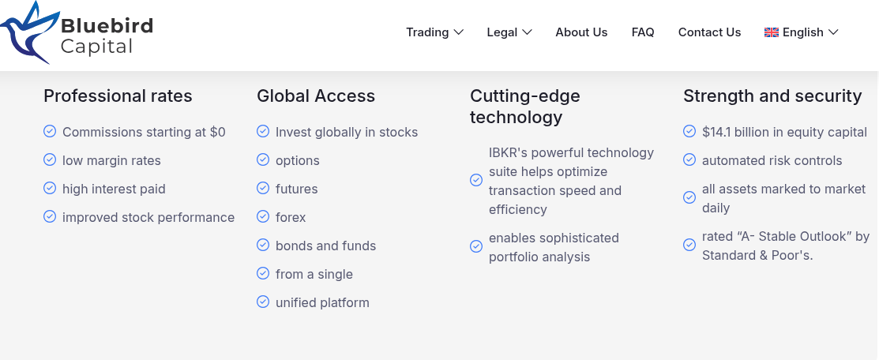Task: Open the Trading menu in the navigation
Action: pyautogui.click(x=434, y=32)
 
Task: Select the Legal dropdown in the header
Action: pyautogui.click(x=509, y=32)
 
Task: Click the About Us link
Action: pyautogui.click(x=581, y=32)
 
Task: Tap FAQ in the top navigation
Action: pyautogui.click(x=642, y=32)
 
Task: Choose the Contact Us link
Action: pyautogui.click(x=709, y=32)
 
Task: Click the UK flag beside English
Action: pyautogui.click(x=772, y=32)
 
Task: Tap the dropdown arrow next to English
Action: pyautogui.click(x=833, y=32)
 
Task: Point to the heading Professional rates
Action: pyautogui.click(x=118, y=96)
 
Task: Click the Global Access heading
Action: pyautogui.click(x=316, y=96)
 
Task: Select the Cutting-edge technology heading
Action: pyautogui.click(x=524, y=106)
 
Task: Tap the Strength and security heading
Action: pyautogui.click(x=772, y=96)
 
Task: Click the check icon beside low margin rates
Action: pyautogui.click(x=50, y=159)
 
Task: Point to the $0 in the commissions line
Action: pyautogui.click(x=217, y=133)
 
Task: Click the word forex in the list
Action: pyautogui.click(x=291, y=217)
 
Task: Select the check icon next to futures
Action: pyautogui.click(x=263, y=188)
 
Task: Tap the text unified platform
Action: pyautogui.click(x=322, y=303)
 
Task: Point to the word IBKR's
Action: pyautogui.click(x=508, y=152)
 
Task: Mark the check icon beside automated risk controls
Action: pyautogui.click(x=689, y=159)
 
